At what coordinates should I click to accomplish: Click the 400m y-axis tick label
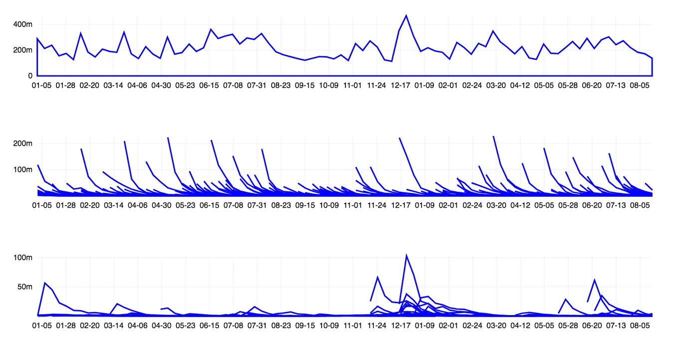coord(23,24)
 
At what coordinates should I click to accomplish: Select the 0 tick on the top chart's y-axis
coord(30,76)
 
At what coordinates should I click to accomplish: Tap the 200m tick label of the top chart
coord(23,50)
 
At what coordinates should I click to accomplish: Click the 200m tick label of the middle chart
coord(23,144)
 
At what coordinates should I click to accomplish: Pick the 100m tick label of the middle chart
coord(23,170)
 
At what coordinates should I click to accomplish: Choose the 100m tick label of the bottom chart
coord(23,258)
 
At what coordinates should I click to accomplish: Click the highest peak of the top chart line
coord(406,15)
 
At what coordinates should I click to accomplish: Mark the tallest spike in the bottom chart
coord(406,255)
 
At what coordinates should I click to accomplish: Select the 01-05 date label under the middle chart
coord(41,205)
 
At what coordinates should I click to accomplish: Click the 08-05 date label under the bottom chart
coord(640,326)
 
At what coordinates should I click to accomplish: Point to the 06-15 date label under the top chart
coord(209,85)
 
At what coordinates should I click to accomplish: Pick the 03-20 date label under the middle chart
coord(496,205)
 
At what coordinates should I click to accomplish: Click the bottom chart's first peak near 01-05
coord(45,283)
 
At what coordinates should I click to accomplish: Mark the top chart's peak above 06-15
coord(211,29)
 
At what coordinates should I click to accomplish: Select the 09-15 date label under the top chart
coord(305,85)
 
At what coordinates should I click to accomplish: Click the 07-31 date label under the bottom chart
coord(257,326)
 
